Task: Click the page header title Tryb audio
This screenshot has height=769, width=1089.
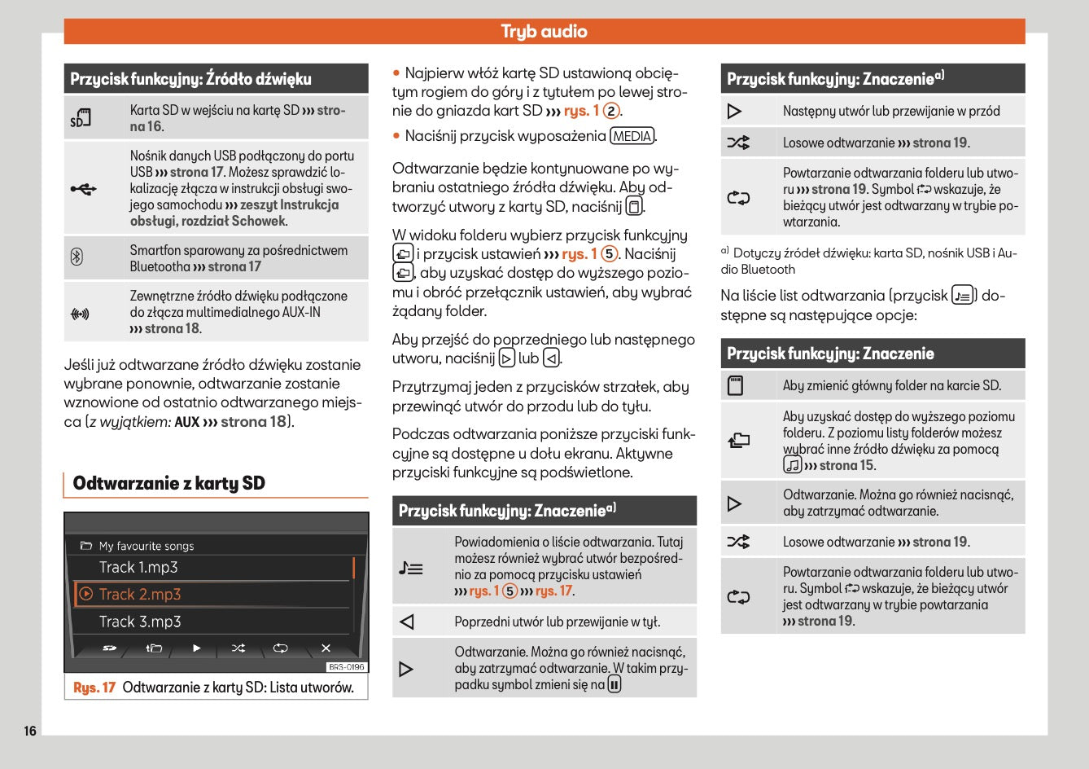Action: [544, 32]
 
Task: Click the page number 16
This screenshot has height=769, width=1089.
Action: [30, 731]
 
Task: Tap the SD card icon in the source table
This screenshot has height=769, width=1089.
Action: [80, 119]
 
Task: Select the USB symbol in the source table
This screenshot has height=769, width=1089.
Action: [83, 189]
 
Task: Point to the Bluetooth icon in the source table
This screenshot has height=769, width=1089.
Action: [77, 258]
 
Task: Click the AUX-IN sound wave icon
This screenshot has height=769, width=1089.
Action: [80, 313]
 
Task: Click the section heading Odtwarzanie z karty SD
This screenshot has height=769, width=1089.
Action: [169, 483]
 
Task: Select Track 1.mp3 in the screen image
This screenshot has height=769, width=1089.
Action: [138, 568]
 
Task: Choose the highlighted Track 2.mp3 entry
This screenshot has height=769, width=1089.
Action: [140, 595]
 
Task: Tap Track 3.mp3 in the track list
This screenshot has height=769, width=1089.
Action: [140, 622]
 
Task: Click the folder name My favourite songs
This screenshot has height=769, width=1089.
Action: [147, 546]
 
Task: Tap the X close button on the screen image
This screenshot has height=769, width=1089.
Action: [326, 648]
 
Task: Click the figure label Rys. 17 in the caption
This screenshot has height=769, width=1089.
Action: [94, 688]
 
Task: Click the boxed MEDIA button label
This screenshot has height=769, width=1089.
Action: [632, 136]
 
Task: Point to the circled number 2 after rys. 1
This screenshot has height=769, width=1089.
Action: [610, 111]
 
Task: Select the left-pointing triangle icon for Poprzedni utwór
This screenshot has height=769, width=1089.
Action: [408, 622]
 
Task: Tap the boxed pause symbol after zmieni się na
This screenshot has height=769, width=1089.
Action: [614, 685]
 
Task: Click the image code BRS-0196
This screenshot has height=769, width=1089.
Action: [347, 667]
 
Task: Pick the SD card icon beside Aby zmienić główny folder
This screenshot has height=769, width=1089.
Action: [735, 385]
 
